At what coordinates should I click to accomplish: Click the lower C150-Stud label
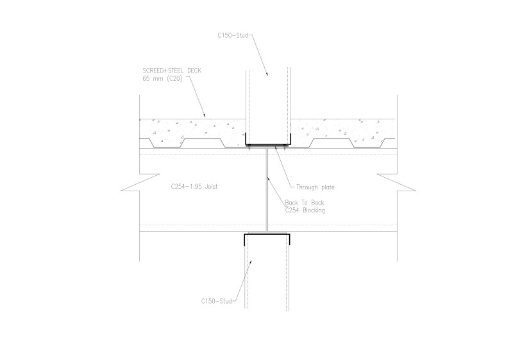point(215,300)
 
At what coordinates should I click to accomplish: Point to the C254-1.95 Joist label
point(195,187)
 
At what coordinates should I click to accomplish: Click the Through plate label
point(315,187)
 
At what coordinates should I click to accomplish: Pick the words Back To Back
point(300,202)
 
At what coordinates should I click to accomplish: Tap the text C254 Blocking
point(304,210)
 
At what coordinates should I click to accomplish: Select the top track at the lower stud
point(267,236)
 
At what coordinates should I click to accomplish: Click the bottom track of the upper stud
point(267,144)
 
